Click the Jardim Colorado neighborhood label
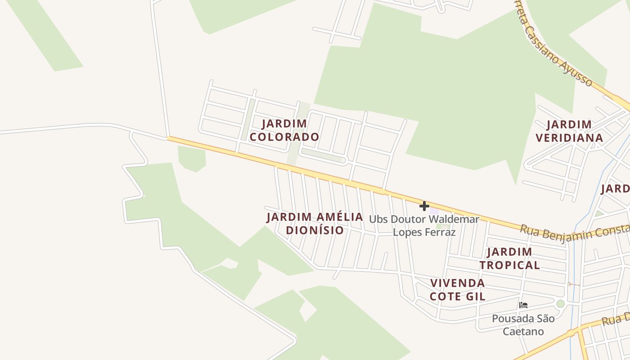coord(284,130)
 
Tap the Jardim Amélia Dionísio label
coord(315,224)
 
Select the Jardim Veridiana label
coord(569,131)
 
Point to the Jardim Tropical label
coord(509,258)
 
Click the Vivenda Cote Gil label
coord(457,289)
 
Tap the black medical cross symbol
coord(424,206)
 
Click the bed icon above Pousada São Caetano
coord(523,305)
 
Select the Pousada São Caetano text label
coord(523,325)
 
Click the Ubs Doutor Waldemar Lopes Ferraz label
coord(424,225)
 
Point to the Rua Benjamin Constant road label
coord(574,233)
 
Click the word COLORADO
coord(284,137)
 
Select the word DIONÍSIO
coord(315,230)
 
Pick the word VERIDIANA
coord(569,138)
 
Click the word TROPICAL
coord(509,265)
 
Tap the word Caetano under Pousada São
coord(523,332)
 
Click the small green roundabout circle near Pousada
coord(560,304)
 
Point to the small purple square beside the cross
coord(434,210)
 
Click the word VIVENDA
coord(457,283)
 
